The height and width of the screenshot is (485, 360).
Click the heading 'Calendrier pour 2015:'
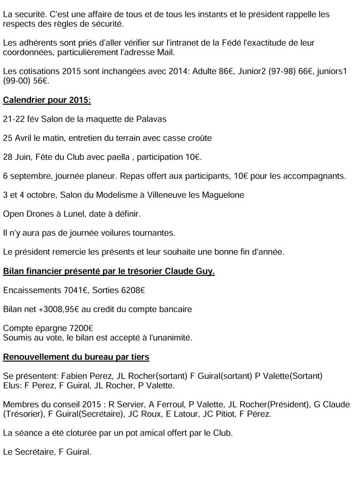[47, 100]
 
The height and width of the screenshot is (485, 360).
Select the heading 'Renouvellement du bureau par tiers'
[76, 357]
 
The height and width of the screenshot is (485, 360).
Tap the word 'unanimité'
[170, 338]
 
